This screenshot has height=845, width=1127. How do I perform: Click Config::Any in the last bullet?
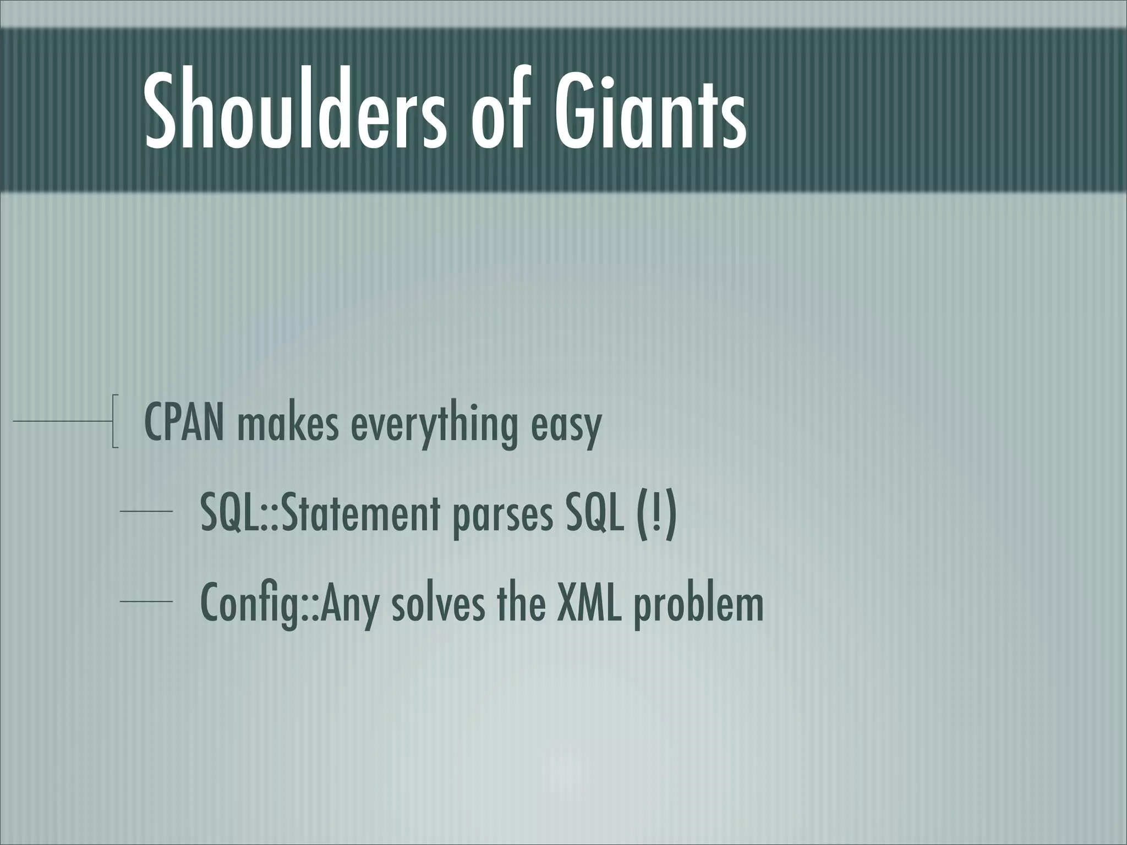pos(289,603)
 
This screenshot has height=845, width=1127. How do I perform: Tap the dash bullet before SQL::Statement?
pos(146,512)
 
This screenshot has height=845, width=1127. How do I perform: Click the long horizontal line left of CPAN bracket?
pos(61,421)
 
